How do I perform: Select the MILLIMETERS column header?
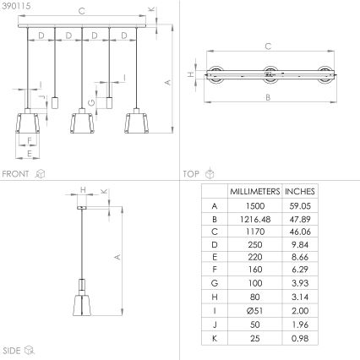coord(254,191)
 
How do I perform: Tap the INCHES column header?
coord(301,191)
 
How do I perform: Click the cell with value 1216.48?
coord(254,218)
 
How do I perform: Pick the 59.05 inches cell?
coord(301,205)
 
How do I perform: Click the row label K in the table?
coord(214,339)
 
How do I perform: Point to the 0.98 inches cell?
coord(301,339)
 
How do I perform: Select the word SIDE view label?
coord(12,349)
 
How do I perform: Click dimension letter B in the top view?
coord(268,98)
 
